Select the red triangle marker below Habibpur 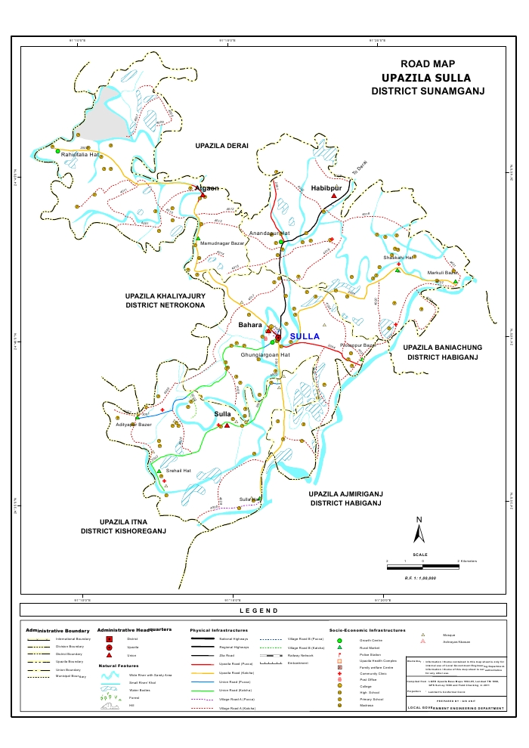coord(333,196)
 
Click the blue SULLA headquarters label coord(305,336)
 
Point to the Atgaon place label coord(206,188)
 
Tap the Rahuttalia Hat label coord(80,155)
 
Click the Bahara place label coord(250,325)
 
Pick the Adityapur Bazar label coord(135,425)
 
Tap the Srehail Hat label coord(179,471)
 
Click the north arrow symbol coord(418,531)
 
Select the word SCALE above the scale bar coord(421,555)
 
